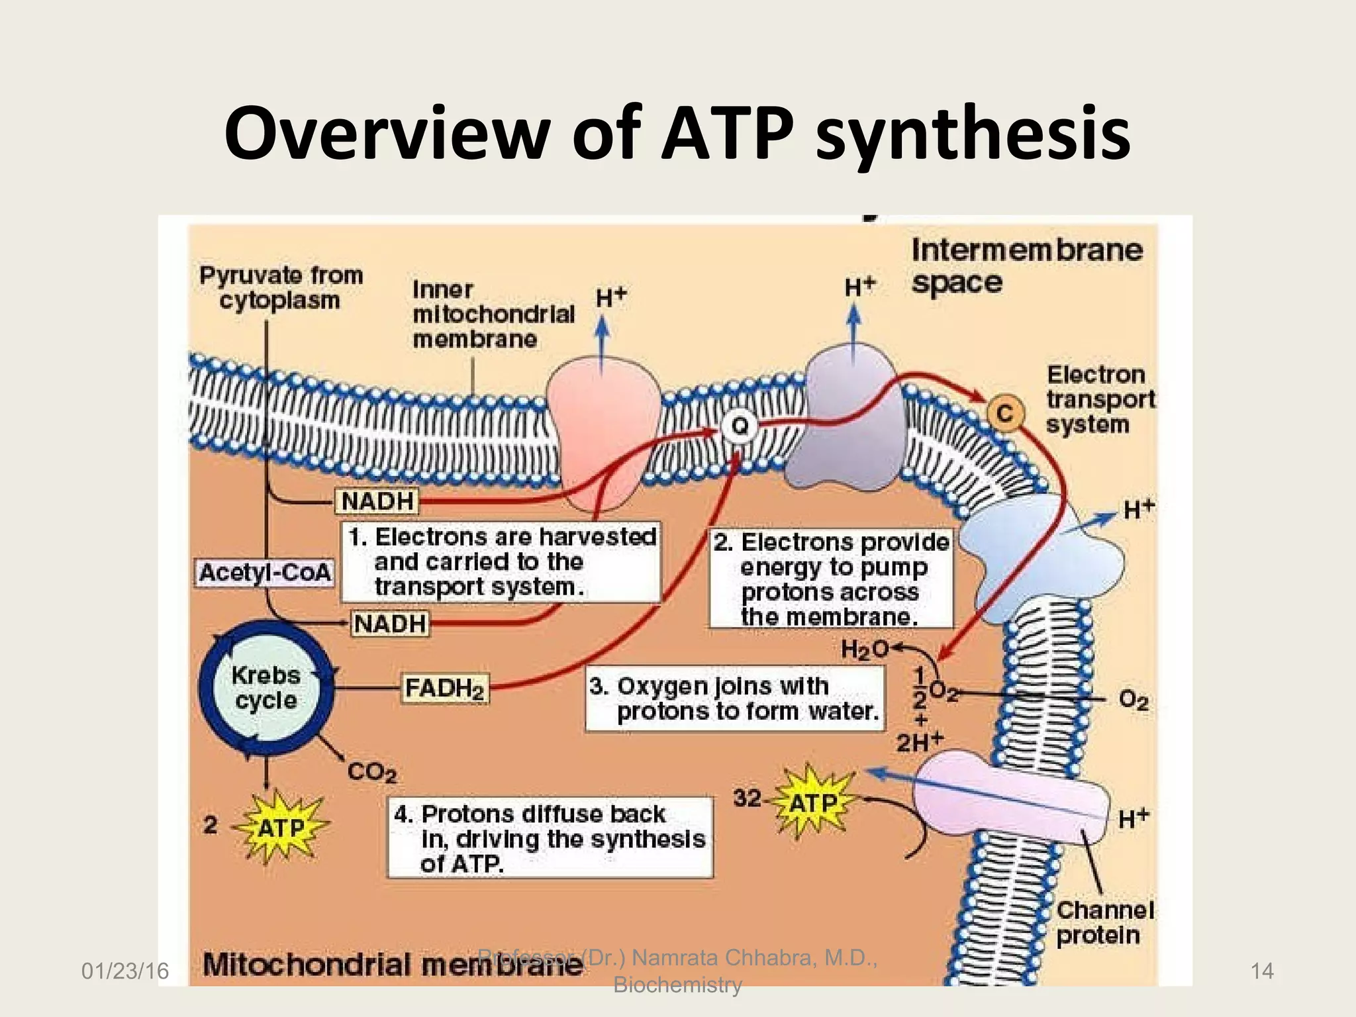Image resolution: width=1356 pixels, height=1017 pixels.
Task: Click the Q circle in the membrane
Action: click(x=740, y=426)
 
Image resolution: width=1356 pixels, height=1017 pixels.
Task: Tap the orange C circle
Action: click(x=1005, y=414)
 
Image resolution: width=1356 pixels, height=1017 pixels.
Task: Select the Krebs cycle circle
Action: click(x=266, y=688)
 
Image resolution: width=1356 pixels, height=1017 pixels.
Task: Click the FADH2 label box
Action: click(x=446, y=689)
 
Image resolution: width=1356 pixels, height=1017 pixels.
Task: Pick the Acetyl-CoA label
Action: click(x=265, y=573)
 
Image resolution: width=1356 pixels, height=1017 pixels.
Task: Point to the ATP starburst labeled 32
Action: click(x=813, y=803)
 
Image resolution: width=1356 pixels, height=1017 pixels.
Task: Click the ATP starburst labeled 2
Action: click(x=281, y=828)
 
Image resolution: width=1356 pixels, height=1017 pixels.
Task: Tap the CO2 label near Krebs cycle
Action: click(x=371, y=772)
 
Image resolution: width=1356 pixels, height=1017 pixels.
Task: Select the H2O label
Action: click(x=864, y=650)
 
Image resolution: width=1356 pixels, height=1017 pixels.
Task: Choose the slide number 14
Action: click(x=1261, y=971)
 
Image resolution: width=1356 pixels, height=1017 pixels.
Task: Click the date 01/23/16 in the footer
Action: click(x=125, y=971)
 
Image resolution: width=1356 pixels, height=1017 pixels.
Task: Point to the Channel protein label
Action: click(x=1104, y=923)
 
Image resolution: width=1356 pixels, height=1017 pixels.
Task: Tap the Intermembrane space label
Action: click(x=1026, y=266)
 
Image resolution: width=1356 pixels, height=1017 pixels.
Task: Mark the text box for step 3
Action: click(x=735, y=699)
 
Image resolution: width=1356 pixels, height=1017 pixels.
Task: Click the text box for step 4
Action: click(x=550, y=838)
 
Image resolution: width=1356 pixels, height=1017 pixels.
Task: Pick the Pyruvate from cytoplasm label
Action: click(x=281, y=287)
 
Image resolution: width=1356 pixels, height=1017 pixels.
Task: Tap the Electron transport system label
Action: click(x=1100, y=399)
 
